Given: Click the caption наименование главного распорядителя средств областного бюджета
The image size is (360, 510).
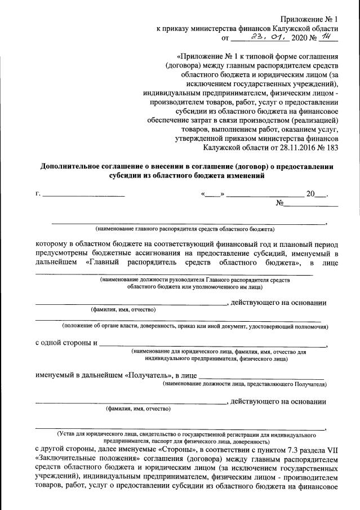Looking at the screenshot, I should pyautogui.click(x=185, y=229).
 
